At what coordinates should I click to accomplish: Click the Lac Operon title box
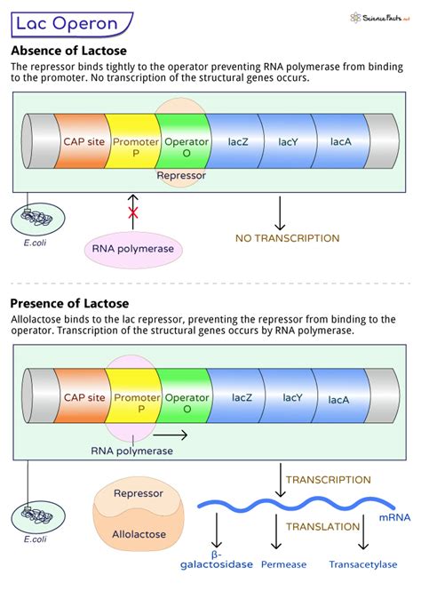(x=66, y=24)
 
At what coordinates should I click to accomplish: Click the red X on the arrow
(x=133, y=213)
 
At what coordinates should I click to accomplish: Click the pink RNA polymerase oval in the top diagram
(x=133, y=249)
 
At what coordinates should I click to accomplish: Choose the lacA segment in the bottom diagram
(x=338, y=400)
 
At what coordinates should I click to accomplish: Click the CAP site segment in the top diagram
(x=80, y=141)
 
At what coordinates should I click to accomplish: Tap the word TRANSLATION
(x=322, y=526)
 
